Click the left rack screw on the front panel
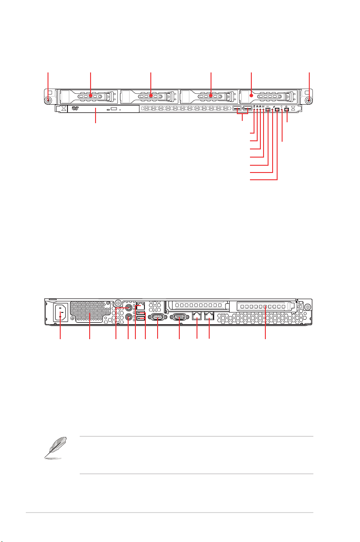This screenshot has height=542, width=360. tap(48, 101)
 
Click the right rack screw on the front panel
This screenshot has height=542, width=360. tap(308, 101)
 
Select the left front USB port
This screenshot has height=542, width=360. tap(237, 109)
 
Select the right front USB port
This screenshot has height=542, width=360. tap(247, 109)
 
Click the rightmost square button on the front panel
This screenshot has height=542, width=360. tap(287, 110)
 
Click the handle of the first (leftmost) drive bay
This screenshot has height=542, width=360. tap(91, 96)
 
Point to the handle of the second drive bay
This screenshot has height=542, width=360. tap(151, 96)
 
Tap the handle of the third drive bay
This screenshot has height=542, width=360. tap(211, 96)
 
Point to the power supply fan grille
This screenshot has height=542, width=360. tap(90, 312)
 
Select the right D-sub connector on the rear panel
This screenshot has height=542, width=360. tap(180, 317)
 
